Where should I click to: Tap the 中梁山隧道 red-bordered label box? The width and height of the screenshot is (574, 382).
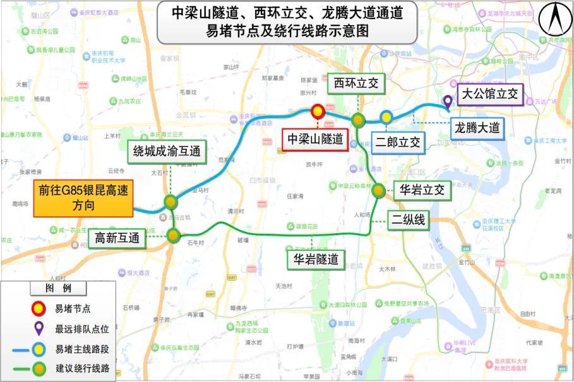click(x=315, y=140)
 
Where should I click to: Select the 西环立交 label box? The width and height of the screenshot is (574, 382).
click(x=356, y=83)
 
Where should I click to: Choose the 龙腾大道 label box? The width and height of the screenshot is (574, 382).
click(x=477, y=128)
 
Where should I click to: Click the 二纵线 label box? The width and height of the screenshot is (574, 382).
click(x=409, y=220)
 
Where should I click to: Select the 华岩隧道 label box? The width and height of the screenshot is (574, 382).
click(x=316, y=258)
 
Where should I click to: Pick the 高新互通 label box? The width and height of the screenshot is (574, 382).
click(x=117, y=238)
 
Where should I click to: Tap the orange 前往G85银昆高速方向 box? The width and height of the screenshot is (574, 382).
click(x=83, y=199)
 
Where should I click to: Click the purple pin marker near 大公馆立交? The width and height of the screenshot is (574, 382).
click(x=447, y=101)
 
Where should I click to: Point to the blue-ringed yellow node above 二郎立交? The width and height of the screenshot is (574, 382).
click(x=386, y=117)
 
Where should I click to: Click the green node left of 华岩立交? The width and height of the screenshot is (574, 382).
click(x=378, y=190)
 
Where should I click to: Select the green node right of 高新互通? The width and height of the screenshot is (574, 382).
click(x=174, y=236)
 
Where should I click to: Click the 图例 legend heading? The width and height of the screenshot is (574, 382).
click(x=58, y=288)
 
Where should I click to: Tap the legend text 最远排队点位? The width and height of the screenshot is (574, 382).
click(x=82, y=328)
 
